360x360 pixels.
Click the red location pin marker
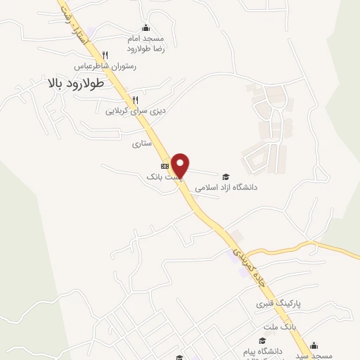[181, 165]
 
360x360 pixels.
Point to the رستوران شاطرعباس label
[105, 67]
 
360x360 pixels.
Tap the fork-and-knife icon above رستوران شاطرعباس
[105, 55]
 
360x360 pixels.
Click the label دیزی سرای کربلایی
[134, 111]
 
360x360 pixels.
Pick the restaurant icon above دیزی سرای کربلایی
[135, 100]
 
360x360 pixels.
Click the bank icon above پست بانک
[165, 166]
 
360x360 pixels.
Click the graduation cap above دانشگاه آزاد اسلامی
[226, 176]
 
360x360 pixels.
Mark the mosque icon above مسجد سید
[314, 345]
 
